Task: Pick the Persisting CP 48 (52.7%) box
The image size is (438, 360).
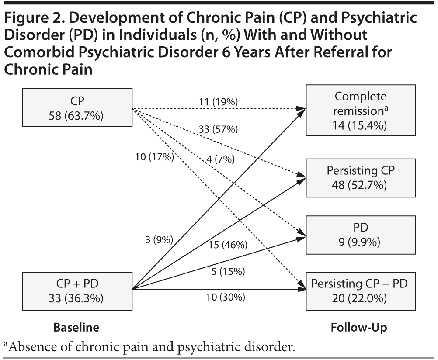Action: tap(360, 177)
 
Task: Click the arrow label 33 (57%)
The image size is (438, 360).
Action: tap(218, 129)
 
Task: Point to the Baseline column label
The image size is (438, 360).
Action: tap(76, 327)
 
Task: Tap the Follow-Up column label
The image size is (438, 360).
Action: tap(359, 327)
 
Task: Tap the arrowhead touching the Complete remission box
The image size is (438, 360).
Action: tap(301, 108)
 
